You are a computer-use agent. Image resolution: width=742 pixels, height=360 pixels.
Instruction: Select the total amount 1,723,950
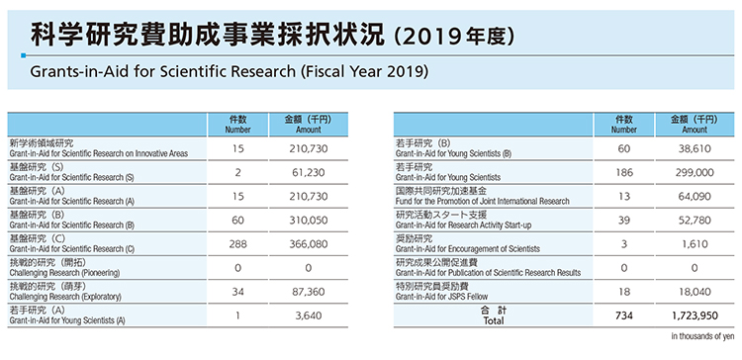tap(694, 315)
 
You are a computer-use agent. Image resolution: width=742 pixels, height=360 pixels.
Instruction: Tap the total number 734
tap(623, 315)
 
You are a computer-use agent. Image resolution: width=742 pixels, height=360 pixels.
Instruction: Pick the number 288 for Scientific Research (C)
tap(237, 243)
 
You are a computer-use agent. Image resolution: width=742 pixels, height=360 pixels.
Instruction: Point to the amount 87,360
tap(308, 292)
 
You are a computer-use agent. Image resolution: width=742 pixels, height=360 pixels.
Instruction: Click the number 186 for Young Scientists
tap(623, 171)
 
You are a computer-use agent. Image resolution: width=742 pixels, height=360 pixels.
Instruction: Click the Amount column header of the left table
tap(308, 124)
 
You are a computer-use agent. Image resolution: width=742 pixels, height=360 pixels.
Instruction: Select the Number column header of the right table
tap(623, 124)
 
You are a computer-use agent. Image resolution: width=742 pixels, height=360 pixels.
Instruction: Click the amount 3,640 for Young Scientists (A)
tap(308, 315)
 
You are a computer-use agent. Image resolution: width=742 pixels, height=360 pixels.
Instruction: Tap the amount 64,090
tap(694, 196)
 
